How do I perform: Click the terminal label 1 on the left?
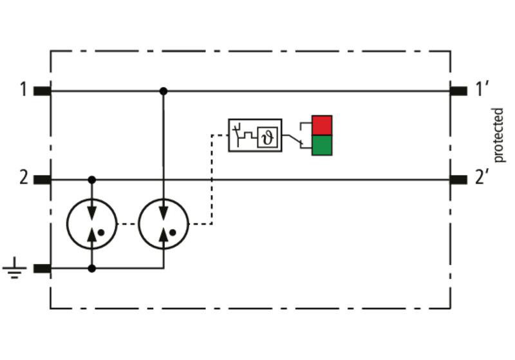(x=23, y=90)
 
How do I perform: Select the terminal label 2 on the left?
(x=24, y=178)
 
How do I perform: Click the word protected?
(x=498, y=135)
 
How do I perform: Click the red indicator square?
(x=322, y=125)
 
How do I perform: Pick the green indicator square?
(x=322, y=145)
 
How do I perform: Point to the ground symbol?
(x=14, y=268)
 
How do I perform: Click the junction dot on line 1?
(x=164, y=91)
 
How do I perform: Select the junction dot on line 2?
(x=92, y=180)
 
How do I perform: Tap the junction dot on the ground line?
(x=92, y=269)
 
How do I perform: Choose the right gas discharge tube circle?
(x=138, y=224)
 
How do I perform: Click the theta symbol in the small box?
(x=268, y=137)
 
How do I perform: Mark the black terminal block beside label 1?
(x=42, y=91)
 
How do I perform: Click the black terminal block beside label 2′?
(x=458, y=180)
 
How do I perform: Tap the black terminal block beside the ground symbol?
(x=42, y=269)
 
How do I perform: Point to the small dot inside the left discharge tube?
(x=101, y=232)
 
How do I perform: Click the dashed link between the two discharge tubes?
(x=127, y=224)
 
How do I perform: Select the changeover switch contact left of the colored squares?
(x=297, y=140)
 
